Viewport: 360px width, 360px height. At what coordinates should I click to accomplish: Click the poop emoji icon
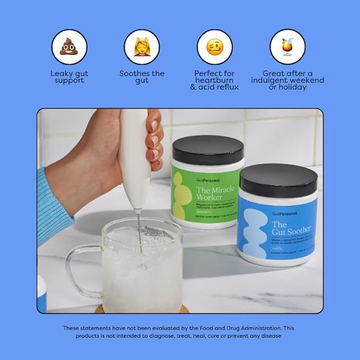tap(69, 47)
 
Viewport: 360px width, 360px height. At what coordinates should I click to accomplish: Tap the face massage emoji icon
tap(142, 47)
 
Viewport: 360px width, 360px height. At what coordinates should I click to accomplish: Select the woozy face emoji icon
tap(214, 47)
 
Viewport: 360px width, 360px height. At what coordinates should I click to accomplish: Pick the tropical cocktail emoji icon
tap(287, 47)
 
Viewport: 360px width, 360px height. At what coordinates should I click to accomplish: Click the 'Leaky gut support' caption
tap(69, 77)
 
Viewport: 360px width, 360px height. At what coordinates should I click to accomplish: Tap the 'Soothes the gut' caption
tap(142, 77)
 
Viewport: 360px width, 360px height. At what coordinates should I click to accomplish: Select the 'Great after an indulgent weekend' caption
tap(287, 80)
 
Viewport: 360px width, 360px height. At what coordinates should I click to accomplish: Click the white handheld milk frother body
tap(134, 159)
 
